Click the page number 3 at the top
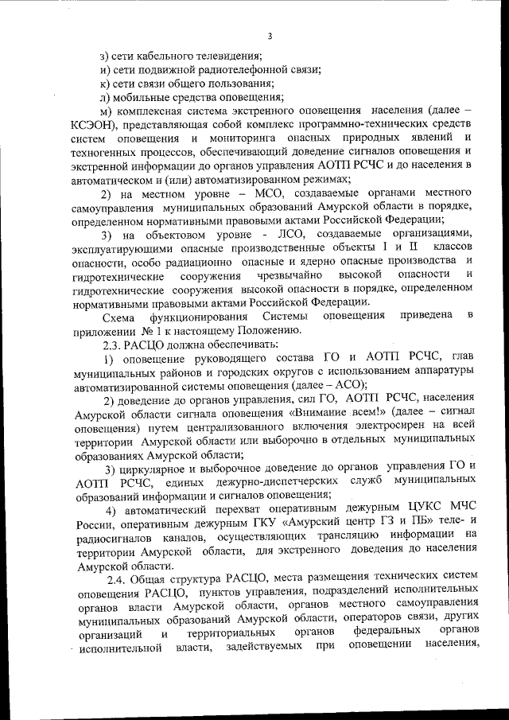click(x=270, y=36)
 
